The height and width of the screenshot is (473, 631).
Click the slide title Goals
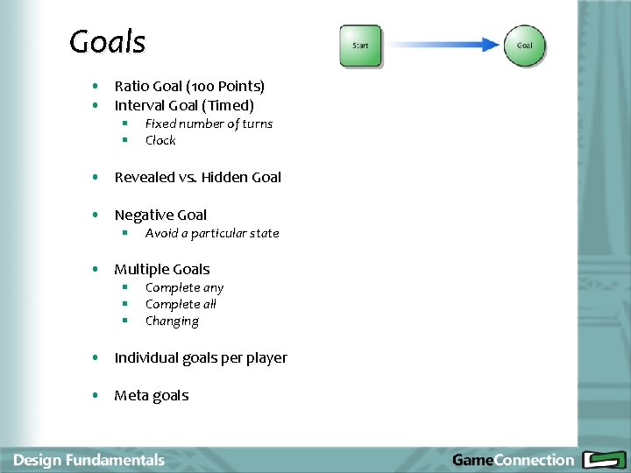click(107, 41)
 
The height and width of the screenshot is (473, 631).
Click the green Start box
click(360, 46)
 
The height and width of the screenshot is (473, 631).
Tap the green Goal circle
click(524, 46)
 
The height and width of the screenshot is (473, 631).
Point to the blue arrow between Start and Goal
click(443, 45)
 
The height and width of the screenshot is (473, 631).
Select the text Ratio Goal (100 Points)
click(189, 86)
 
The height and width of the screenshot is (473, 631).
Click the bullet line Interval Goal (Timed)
click(184, 105)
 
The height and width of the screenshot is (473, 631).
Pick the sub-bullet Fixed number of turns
click(209, 124)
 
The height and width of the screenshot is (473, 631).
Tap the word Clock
click(160, 140)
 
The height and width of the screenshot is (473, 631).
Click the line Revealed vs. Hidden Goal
click(197, 177)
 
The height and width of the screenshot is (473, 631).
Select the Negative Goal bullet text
click(160, 215)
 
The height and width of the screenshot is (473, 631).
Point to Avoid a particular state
click(212, 233)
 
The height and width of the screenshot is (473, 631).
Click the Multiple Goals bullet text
click(162, 269)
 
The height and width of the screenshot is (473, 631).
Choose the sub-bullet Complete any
click(184, 288)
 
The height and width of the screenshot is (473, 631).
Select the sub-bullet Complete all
click(181, 304)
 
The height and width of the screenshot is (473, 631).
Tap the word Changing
click(172, 321)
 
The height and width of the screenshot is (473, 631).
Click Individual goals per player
click(201, 357)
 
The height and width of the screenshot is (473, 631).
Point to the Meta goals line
click(151, 395)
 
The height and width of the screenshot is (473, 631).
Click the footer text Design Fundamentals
click(89, 460)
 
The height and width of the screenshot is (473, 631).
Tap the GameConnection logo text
click(513, 460)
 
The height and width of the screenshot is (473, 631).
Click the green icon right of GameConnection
click(603, 460)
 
